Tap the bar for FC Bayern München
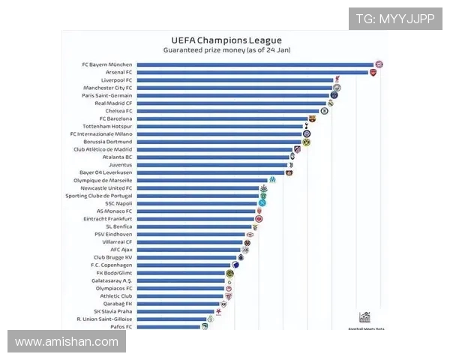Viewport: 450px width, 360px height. [255, 64]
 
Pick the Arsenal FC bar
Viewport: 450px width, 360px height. [252, 72]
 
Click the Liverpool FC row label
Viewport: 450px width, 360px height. [116, 80]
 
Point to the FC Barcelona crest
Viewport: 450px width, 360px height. [313, 118]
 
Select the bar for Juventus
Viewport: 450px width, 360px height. [213, 164]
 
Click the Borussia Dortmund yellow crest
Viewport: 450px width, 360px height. [306, 142]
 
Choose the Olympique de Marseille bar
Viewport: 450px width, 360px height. [202, 180]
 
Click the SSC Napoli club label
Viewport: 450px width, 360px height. [118, 203]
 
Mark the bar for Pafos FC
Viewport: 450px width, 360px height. [168, 327]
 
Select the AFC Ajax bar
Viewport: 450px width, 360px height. [190, 250]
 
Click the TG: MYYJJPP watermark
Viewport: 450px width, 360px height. [394, 19]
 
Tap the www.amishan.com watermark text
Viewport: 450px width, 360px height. [67, 342]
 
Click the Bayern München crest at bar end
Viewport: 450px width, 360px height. [379, 64]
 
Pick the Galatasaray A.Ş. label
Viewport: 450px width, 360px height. [112, 280]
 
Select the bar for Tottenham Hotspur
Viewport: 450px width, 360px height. [219, 126]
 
